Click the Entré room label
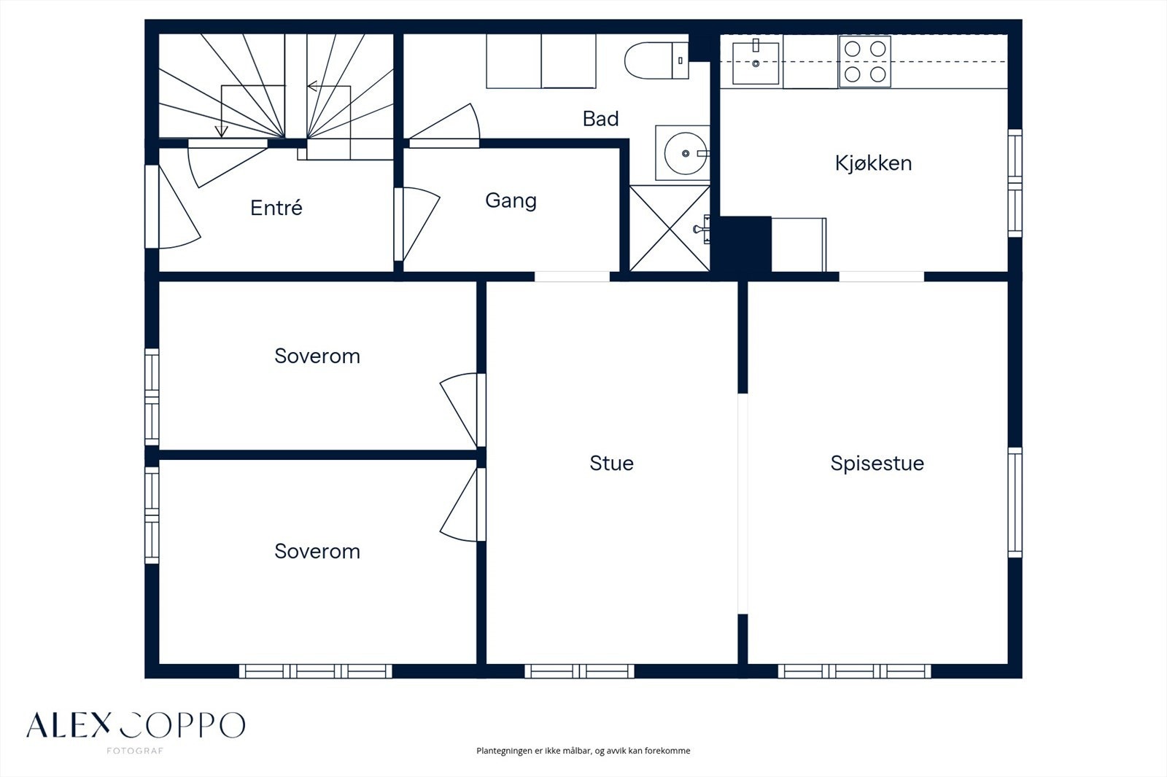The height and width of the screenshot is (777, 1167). pos(276,208)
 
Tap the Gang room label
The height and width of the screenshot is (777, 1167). pos(511,201)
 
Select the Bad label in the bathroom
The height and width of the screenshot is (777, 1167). pos(601,120)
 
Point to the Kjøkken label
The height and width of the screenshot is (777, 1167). pos(874,163)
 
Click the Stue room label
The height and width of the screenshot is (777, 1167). pos(612,463)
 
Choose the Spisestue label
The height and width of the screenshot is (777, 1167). pos(877,464)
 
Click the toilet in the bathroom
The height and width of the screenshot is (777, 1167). pos(656,60)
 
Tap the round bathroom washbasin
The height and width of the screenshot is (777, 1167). pos(686,153)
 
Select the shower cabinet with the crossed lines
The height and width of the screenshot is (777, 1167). pos(670,229)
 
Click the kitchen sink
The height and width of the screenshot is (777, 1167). pos(756,63)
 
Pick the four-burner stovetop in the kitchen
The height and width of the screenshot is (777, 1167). pos(865,61)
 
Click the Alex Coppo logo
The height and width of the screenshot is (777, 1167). pos(136,725)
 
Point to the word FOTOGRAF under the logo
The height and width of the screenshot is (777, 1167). pos(135,751)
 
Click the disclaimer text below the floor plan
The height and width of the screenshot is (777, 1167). pos(583,751)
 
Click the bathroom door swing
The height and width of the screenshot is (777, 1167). pos(444,125)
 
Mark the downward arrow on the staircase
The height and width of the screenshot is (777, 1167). pos(222,131)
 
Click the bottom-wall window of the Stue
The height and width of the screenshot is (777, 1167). pos(579,671)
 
